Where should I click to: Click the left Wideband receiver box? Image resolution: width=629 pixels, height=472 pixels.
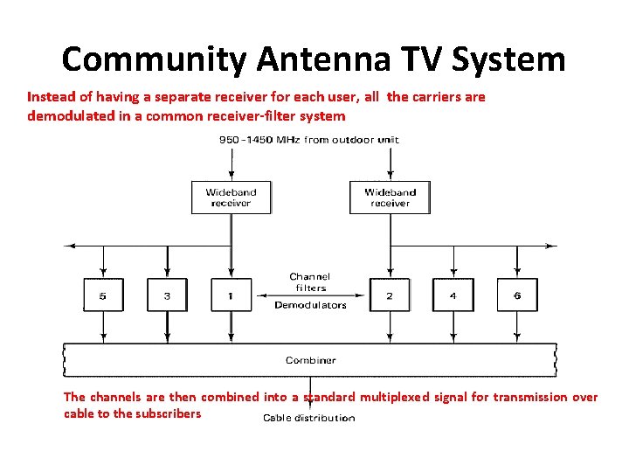[x=231, y=197]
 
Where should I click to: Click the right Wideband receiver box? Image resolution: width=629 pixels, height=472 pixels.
[x=390, y=197]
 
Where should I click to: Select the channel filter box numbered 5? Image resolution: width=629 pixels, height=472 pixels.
[x=103, y=295]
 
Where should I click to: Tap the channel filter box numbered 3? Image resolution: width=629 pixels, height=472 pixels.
[x=167, y=295]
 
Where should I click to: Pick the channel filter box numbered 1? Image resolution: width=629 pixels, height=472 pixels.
[x=231, y=295]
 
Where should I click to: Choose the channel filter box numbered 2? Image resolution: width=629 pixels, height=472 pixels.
[x=390, y=295]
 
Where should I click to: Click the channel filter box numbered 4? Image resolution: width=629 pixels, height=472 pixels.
[x=453, y=295]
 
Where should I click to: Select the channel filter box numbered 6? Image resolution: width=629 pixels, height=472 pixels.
[x=516, y=295]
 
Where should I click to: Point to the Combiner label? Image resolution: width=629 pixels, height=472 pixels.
[x=310, y=360]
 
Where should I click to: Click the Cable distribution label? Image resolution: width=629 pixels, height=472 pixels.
[x=309, y=418]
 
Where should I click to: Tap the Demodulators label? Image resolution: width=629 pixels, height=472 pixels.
[x=310, y=305]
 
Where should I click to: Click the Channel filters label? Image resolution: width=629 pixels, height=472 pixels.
[x=310, y=282]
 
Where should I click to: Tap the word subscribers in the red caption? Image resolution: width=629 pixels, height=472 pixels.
[x=167, y=413]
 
